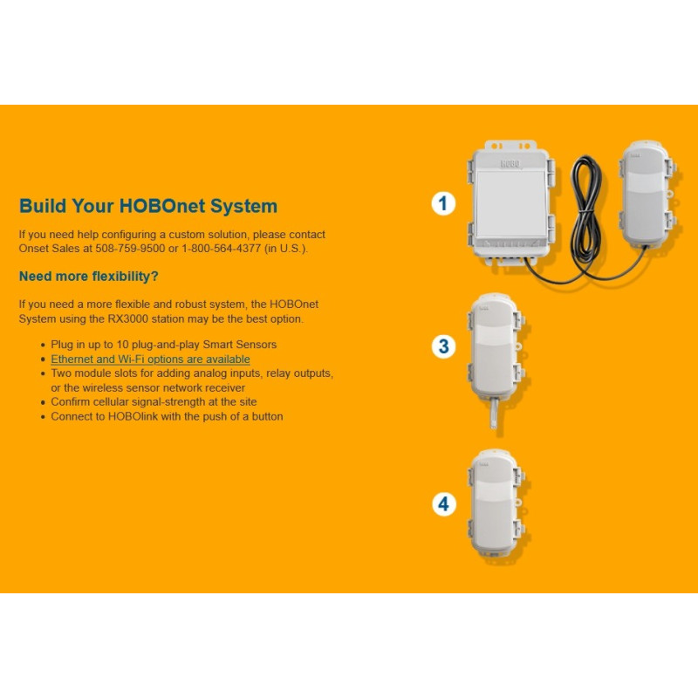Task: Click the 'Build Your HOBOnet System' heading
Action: pyautogui.click(x=148, y=206)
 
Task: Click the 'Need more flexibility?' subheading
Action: pyautogui.click(x=89, y=277)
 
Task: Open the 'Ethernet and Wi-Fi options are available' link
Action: pyautogui.click(x=150, y=359)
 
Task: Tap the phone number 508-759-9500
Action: pyautogui.click(x=130, y=249)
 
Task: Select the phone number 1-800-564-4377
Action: pyautogui.click(x=222, y=249)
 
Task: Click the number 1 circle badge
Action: pyautogui.click(x=443, y=203)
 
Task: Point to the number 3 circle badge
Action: pyautogui.click(x=443, y=346)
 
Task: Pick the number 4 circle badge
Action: pyautogui.click(x=444, y=504)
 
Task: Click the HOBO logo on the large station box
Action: pyautogui.click(x=510, y=163)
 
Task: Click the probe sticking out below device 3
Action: pyautogui.click(x=494, y=413)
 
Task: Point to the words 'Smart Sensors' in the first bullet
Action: pyautogui.click(x=239, y=345)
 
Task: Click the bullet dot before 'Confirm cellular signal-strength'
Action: pyautogui.click(x=43, y=402)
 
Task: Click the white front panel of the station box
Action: pyautogui.click(x=511, y=203)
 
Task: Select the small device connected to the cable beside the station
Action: pyautogui.click(x=648, y=193)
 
